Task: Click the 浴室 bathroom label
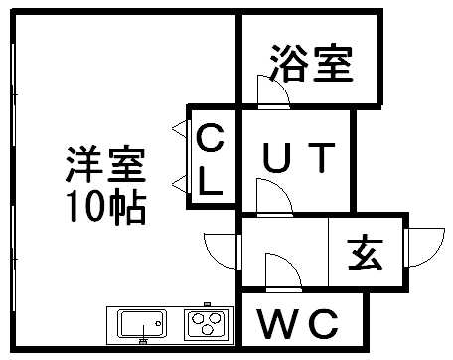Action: (309, 66)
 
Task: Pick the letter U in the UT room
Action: (276, 157)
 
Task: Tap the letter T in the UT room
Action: (324, 157)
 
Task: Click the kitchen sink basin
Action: (143, 324)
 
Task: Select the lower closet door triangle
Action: (179, 182)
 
